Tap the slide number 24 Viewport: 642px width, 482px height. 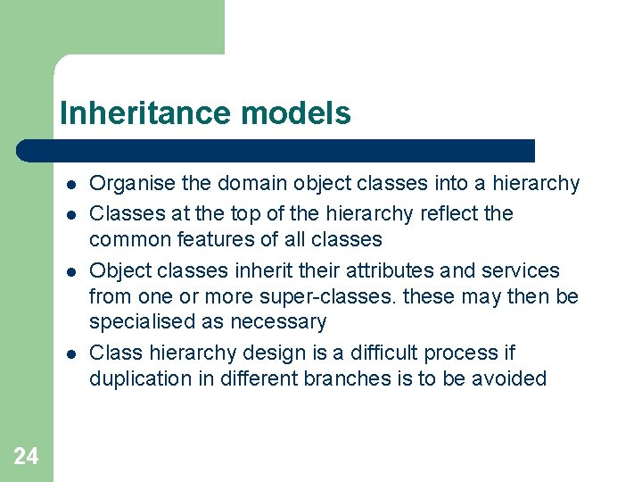point(26,457)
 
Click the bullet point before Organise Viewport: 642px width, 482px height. point(69,185)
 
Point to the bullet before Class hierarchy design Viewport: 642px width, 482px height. point(69,353)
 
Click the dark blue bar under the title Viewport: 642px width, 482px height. point(276,150)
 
